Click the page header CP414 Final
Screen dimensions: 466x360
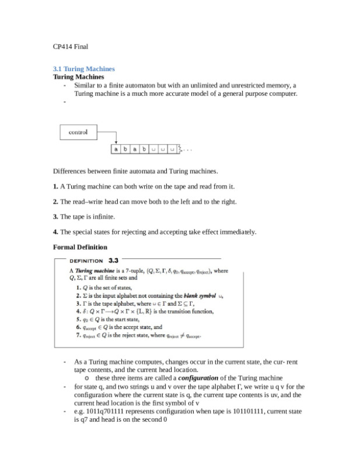[70, 45]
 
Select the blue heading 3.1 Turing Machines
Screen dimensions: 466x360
[83, 69]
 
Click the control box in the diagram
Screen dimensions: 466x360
[78, 132]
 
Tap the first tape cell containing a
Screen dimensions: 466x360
[117, 149]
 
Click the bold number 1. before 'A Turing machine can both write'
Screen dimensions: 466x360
[55, 187]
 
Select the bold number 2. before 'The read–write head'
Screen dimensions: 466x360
[55, 202]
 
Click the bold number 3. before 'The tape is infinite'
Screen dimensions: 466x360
[55, 217]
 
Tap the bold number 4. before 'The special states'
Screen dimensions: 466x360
[55, 232]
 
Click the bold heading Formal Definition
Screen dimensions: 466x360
[80, 247]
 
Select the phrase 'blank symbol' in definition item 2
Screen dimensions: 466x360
[200, 296]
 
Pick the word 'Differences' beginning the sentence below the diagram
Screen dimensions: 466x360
[69, 171]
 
